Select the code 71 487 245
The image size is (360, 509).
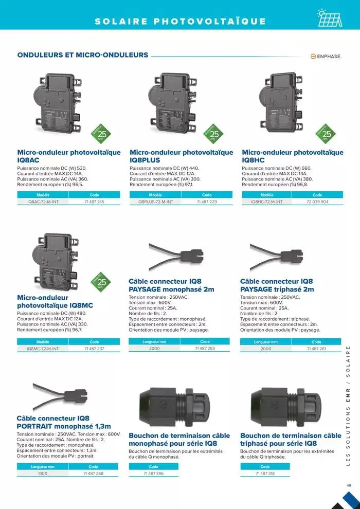pyautogui.click(x=94, y=202)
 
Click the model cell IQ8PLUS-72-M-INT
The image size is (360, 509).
pyautogui.click(x=155, y=202)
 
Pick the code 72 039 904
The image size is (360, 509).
pyautogui.click(x=317, y=202)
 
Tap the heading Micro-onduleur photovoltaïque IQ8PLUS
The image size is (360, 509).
pyautogui.click(x=181, y=156)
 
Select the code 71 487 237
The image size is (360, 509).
pyautogui.click(x=94, y=349)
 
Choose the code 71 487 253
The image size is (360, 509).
pyautogui.click(x=205, y=349)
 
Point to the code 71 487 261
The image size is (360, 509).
pyautogui.click(x=316, y=349)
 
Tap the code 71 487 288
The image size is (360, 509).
pyautogui.click(x=93, y=473)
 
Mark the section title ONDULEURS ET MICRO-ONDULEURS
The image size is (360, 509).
pyautogui.click(x=83, y=55)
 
